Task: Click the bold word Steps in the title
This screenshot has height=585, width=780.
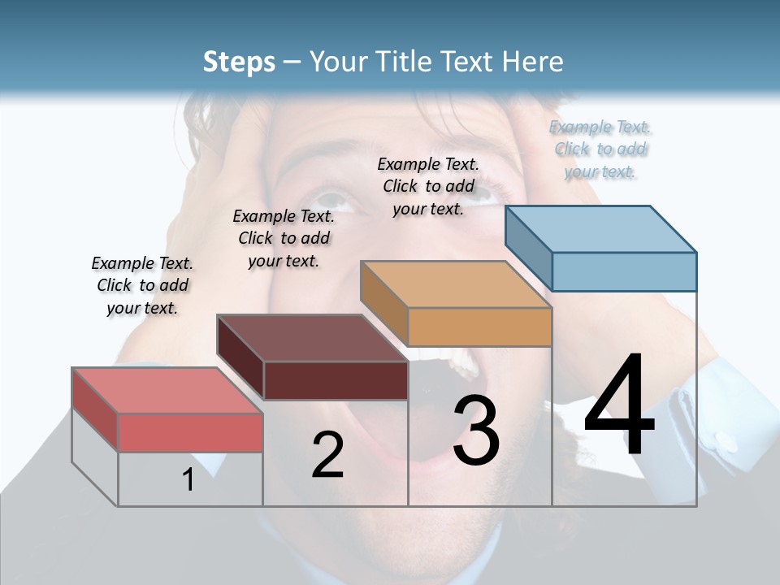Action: pos(239,62)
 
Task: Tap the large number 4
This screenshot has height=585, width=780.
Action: pos(619,406)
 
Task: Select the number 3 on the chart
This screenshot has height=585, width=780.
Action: pos(476,431)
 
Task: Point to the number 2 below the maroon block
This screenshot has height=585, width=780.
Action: pos(327,455)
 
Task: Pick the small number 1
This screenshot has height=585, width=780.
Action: pos(188,479)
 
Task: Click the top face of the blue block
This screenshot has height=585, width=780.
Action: pos(601,229)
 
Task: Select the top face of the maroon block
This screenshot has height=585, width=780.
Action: pos(313,338)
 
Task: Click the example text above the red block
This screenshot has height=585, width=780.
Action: pos(142,285)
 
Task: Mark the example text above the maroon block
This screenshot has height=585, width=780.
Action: pos(284,238)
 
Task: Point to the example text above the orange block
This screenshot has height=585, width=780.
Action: pos(428,186)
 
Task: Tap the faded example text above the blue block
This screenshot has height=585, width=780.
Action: pos(600,149)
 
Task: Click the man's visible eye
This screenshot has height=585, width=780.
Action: pos(335,197)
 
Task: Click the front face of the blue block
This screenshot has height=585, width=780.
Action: pos(624,271)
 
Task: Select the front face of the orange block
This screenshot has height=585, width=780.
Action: pos(479,327)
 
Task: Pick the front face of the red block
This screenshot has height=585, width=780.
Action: pos(190,432)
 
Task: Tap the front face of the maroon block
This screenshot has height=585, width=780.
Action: pos(336,380)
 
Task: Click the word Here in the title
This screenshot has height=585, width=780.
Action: pos(533,62)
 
